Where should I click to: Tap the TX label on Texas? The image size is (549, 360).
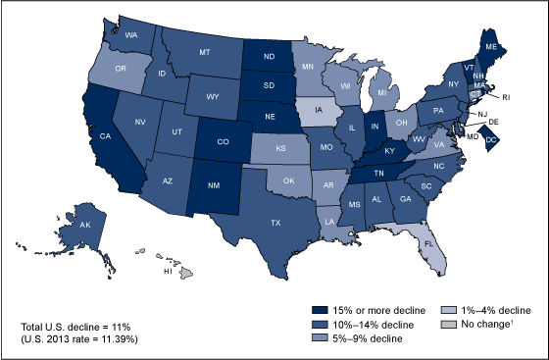[275, 223]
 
